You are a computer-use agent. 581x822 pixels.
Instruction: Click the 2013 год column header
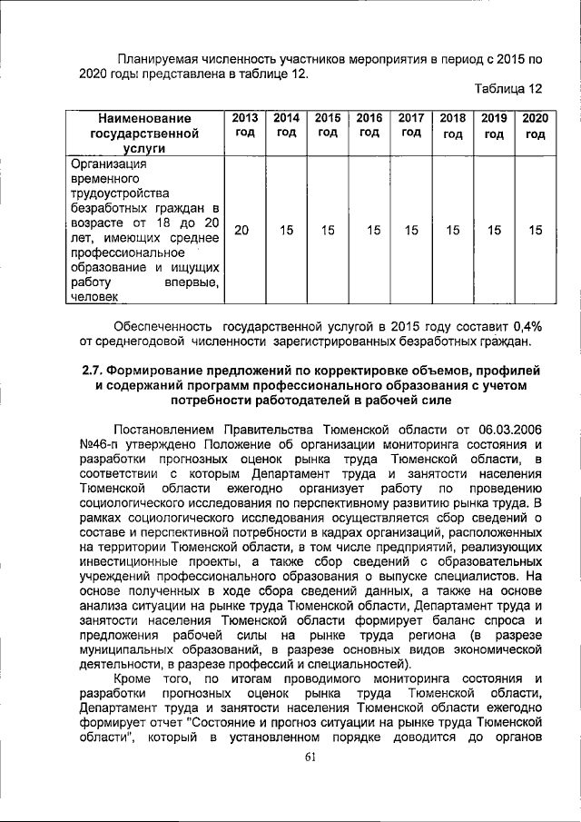pyautogui.click(x=244, y=124)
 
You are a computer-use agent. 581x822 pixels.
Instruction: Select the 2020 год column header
pyautogui.click(x=535, y=125)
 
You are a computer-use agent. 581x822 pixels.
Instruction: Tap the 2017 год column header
pyautogui.click(x=411, y=124)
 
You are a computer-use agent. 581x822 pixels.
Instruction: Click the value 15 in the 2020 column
pyautogui.click(x=536, y=231)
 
